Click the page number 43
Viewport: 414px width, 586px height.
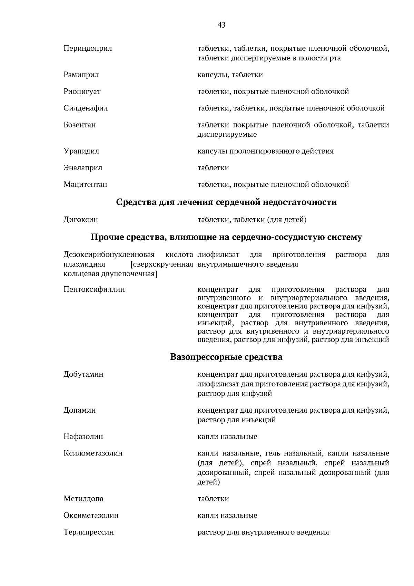(221, 25)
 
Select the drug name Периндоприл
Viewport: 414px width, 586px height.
(88, 48)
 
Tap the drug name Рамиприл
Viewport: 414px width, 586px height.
(81, 75)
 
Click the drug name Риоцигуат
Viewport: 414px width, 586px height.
(82, 92)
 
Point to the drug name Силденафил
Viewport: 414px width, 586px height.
(86, 108)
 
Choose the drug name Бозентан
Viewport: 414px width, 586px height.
(80, 125)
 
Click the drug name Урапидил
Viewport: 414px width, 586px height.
(81, 151)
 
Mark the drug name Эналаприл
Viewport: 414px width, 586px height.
(83, 168)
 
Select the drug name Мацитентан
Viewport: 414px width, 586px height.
(85, 184)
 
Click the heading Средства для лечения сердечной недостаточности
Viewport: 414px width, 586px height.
(226, 202)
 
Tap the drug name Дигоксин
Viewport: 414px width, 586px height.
(81, 219)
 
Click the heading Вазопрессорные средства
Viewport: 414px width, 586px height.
(226, 357)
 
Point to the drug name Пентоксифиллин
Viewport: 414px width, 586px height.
(94, 289)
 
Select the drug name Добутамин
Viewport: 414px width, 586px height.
(83, 374)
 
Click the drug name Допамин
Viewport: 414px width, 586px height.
(80, 410)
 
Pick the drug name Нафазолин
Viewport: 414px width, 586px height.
(83, 436)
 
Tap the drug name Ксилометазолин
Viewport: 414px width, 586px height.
(93, 453)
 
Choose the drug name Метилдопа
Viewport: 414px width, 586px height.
(83, 499)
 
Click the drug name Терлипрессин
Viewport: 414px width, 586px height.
(89, 532)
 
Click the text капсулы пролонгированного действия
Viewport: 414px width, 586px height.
(265, 151)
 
